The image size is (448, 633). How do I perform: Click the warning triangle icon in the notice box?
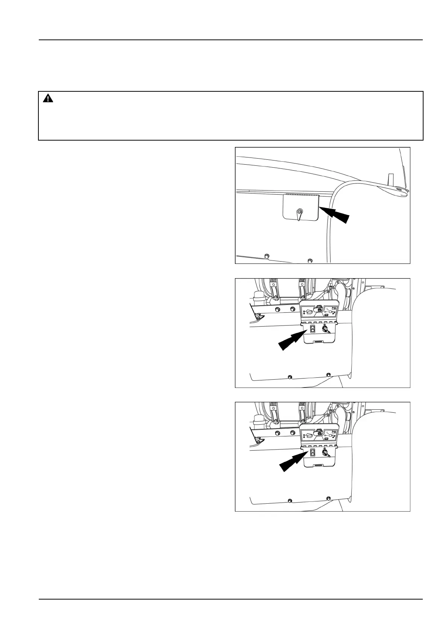48,99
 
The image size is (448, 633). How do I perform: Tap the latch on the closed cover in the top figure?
299,213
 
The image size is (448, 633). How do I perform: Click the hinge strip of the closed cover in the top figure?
301,195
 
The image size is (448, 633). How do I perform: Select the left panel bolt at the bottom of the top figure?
267,256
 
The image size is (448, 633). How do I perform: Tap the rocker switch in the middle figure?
312,330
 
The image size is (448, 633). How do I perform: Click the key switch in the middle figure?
325,330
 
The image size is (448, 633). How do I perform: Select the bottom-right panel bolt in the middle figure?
328,375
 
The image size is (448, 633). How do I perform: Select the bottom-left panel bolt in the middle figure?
289,377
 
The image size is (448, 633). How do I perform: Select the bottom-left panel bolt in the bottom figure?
289,501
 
